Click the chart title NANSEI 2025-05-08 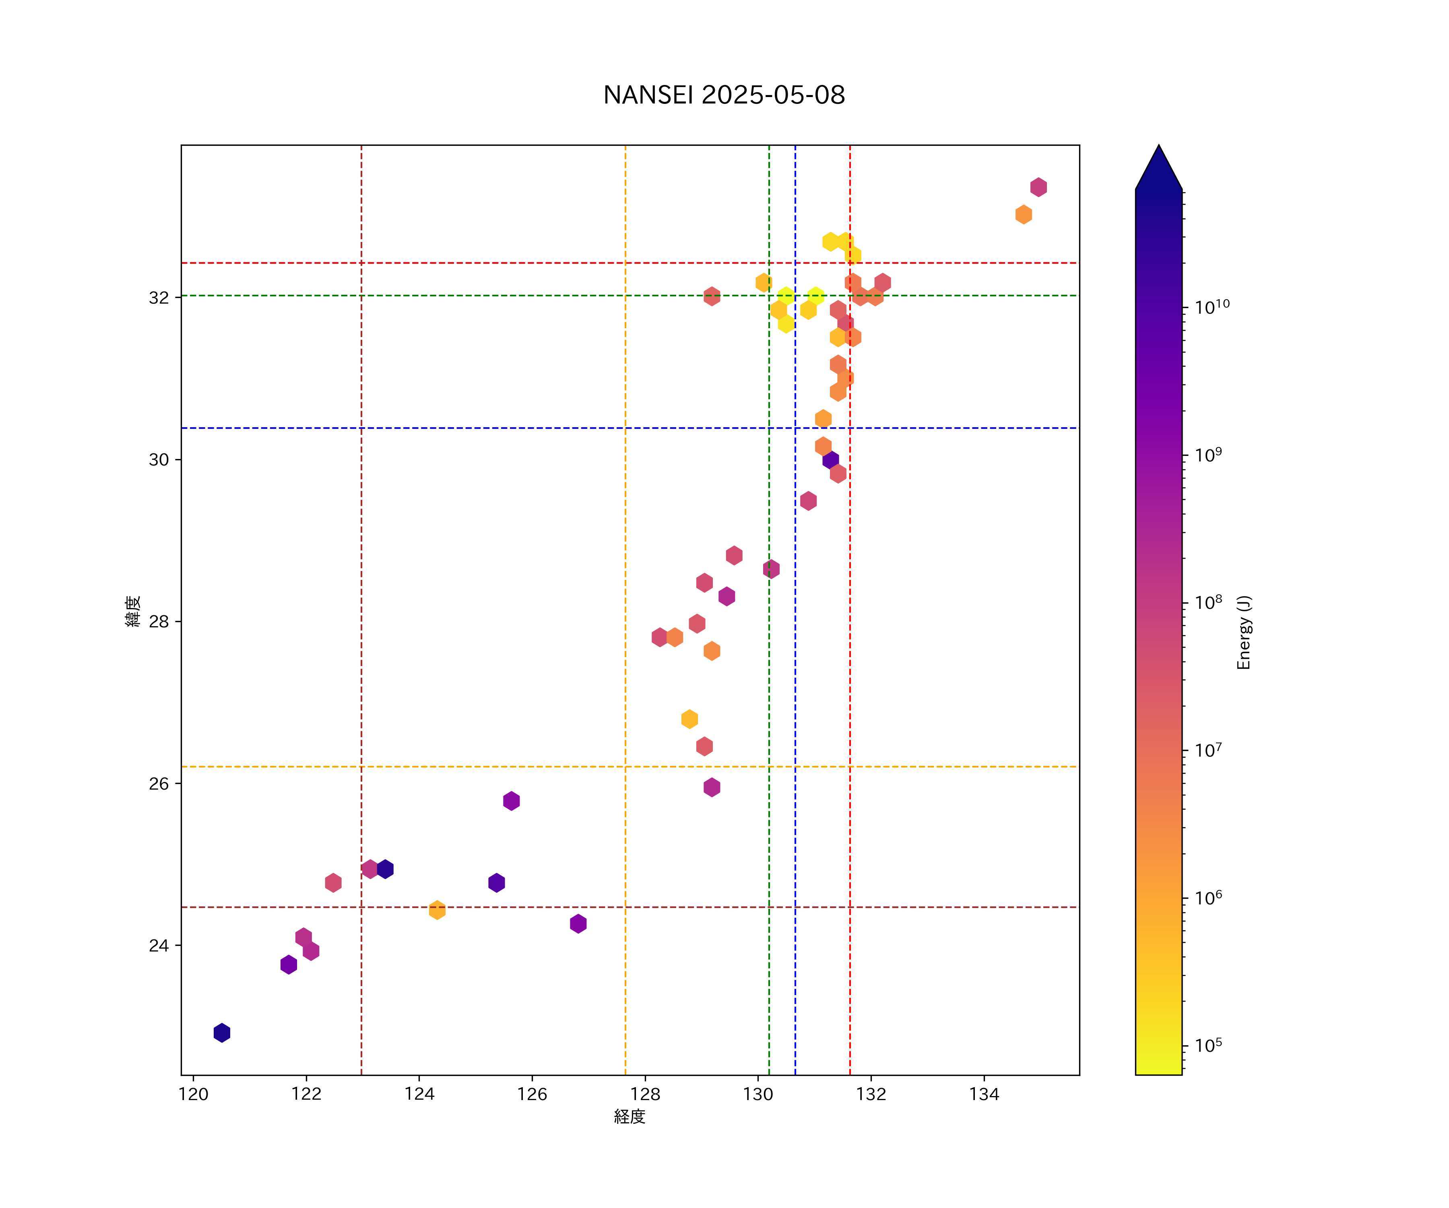(x=724, y=95)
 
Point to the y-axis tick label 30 (x=159, y=460)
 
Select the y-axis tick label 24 (x=159, y=946)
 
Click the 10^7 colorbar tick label (x=1208, y=750)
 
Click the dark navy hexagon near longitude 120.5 (x=221, y=1033)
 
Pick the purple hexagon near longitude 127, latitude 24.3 (x=578, y=924)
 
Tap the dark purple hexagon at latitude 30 (x=831, y=460)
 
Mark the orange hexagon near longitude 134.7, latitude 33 (x=1023, y=215)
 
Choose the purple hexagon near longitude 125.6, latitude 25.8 (x=511, y=801)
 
